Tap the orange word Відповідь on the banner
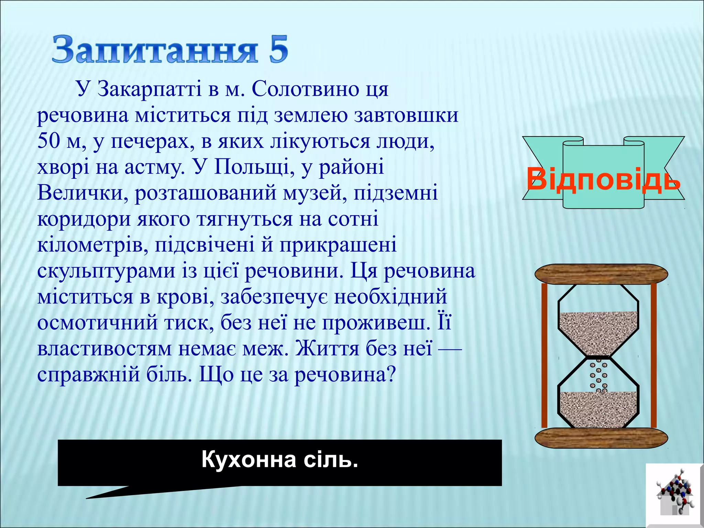(x=603, y=179)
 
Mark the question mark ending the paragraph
(x=391, y=375)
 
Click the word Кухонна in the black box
(x=249, y=460)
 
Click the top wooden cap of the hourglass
(x=601, y=274)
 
